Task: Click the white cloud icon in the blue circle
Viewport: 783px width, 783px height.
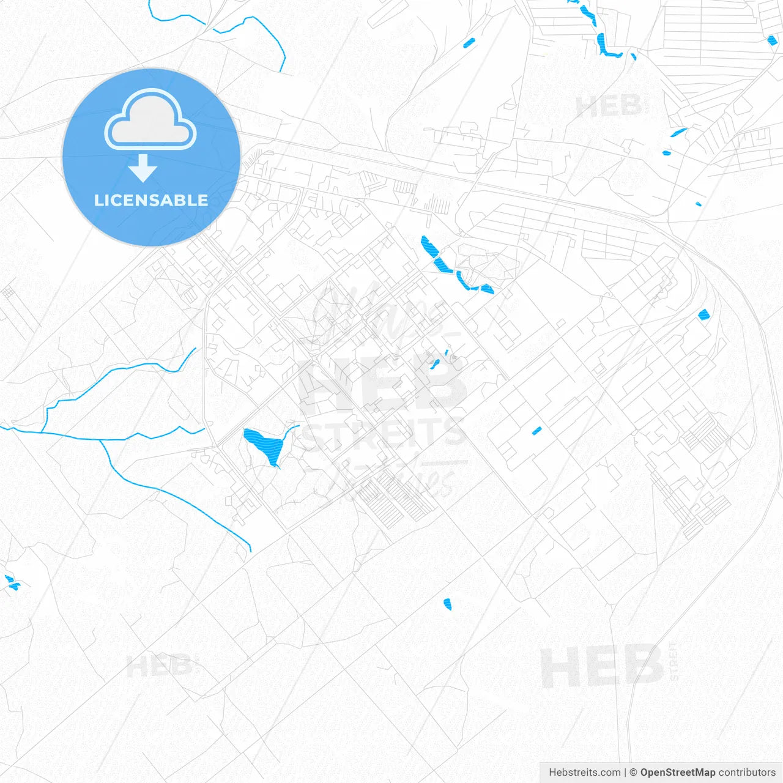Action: click(x=150, y=120)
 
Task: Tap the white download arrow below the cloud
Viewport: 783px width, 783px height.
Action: click(x=143, y=168)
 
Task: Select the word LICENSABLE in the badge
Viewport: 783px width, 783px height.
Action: click(x=151, y=201)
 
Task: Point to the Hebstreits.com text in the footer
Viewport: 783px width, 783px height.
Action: click(x=584, y=773)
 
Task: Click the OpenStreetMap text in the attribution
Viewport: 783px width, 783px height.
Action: click(x=678, y=773)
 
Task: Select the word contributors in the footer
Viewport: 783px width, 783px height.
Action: click(x=747, y=773)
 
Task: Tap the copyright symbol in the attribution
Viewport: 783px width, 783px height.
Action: click(x=633, y=773)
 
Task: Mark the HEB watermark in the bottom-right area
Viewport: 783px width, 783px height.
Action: click(x=602, y=666)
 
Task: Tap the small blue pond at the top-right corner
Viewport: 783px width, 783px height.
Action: click(x=772, y=40)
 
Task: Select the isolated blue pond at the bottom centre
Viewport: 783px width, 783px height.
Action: click(x=447, y=604)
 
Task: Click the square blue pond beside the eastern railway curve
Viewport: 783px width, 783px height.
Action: click(x=704, y=315)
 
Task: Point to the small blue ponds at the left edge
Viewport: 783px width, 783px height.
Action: click(x=11, y=582)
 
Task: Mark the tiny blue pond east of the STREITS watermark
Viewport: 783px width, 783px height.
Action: click(x=536, y=431)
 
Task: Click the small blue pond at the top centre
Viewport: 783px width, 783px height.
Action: click(x=469, y=43)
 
